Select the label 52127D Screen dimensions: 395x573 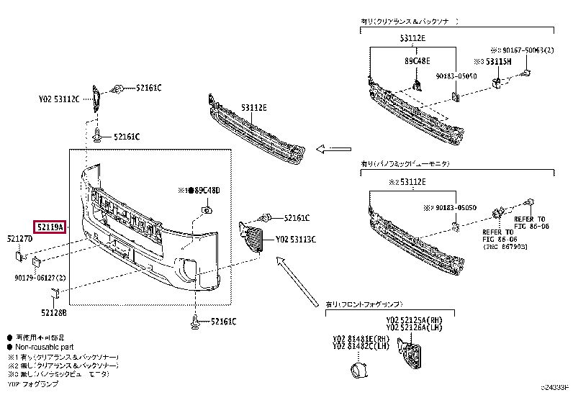point(20,238)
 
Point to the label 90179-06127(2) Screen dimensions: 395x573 point(40,278)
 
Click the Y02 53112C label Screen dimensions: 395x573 point(59,100)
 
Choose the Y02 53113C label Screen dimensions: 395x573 point(296,239)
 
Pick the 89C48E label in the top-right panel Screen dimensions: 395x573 point(417,62)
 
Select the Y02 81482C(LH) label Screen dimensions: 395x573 point(360,347)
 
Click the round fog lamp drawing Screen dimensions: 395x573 point(358,371)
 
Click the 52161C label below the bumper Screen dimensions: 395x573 point(219,321)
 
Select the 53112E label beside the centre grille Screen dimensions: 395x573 point(253,108)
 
